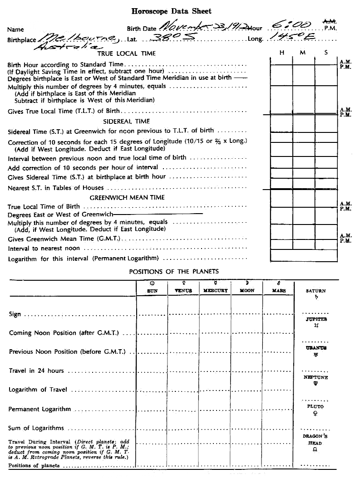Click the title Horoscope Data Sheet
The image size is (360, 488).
(x=171, y=11)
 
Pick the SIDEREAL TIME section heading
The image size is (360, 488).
(x=127, y=121)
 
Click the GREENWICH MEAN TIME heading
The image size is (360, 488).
(x=127, y=197)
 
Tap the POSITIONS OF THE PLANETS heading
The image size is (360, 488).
(x=174, y=272)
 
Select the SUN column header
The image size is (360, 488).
(x=152, y=291)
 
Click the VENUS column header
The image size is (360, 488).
(x=183, y=291)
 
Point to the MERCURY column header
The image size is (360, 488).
(x=215, y=291)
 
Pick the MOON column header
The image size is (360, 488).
(x=247, y=291)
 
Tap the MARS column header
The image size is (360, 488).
(x=279, y=291)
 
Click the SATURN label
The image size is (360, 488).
(x=316, y=291)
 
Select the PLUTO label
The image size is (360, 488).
(x=316, y=407)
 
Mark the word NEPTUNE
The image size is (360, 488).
(x=316, y=377)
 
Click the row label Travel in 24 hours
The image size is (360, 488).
(x=36, y=371)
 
